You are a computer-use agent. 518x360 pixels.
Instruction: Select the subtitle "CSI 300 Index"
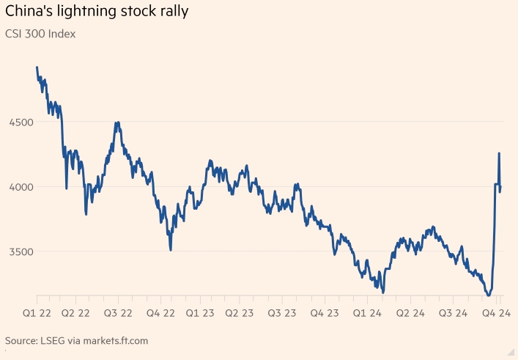click(x=40, y=34)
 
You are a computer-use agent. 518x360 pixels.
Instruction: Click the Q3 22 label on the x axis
click(x=117, y=313)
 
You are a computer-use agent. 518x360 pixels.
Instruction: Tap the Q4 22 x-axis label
click(x=159, y=313)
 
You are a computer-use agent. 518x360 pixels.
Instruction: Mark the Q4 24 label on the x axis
click(x=495, y=313)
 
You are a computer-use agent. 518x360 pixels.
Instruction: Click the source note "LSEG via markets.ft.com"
click(x=97, y=341)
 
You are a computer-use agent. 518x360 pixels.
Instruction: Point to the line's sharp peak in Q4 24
click(x=499, y=153)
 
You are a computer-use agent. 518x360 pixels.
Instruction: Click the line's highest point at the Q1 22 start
click(x=37, y=67)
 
